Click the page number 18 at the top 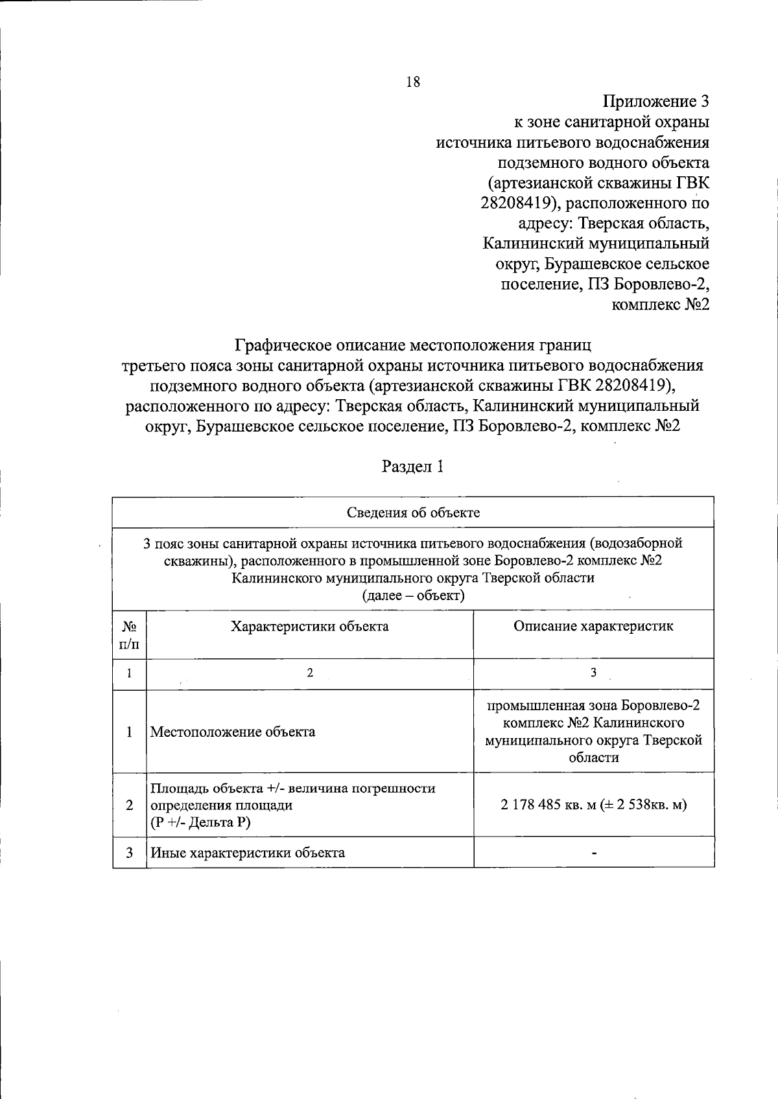tap(412, 82)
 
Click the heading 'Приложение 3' tap(656, 102)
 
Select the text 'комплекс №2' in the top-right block tap(661, 304)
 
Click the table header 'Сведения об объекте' tap(413, 513)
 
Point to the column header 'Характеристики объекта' tap(310, 627)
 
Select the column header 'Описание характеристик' tap(593, 627)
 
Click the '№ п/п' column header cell tap(130, 635)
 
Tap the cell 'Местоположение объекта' tap(233, 732)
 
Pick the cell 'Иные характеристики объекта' tap(248, 853)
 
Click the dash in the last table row tap(593, 853)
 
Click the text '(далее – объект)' tap(413, 596)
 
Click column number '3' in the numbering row tap(593, 673)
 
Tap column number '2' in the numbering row tap(310, 673)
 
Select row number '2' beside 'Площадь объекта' tap(130, 805)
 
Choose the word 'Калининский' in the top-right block tap(533, 244)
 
